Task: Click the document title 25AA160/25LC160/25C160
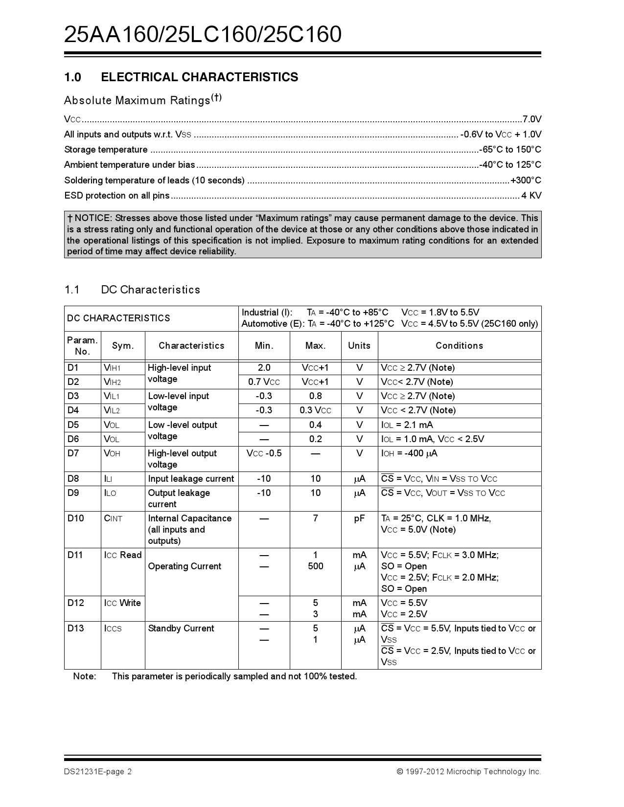click(x=203, y=35)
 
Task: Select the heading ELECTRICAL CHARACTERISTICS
click(x=199, y=77)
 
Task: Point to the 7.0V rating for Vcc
click(x=532, y=119)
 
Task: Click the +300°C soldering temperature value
click(x=526, y=180)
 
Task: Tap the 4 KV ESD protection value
click(x=531, y=196)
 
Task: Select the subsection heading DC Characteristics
click(x=150, y=290)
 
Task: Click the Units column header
click(x=359, y=346)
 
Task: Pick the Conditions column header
click(x=459, y=346)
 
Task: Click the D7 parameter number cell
click(x=73, y=453)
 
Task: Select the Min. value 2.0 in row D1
click(x=264, y=368)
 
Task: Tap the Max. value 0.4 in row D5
click(x=315, y=425)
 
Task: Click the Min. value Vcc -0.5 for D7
click(x=264, y=453)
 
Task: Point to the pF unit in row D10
click(x=359, y=518)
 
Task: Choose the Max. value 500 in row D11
click(x=315, y=566)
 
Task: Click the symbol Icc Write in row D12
click(x=122, y=603)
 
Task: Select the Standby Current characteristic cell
click(x=181, y=628)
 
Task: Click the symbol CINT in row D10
click(x=113, y=518)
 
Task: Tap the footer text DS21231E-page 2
click(x=98, y=772)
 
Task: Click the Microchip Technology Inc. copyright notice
click(x=468, y=772)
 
